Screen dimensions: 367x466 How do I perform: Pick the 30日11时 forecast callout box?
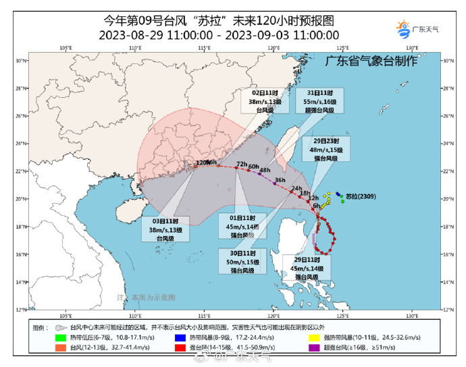(242, 261)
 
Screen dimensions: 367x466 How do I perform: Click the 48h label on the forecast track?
(265, 170)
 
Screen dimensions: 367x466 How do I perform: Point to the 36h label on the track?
(280, 180)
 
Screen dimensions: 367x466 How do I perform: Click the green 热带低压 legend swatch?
(61, 335)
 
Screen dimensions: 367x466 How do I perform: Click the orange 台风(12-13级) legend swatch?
(61, 347)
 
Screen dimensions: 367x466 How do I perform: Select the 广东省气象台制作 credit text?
(371, 61)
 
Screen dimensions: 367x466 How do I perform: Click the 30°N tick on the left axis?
(20, 61)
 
